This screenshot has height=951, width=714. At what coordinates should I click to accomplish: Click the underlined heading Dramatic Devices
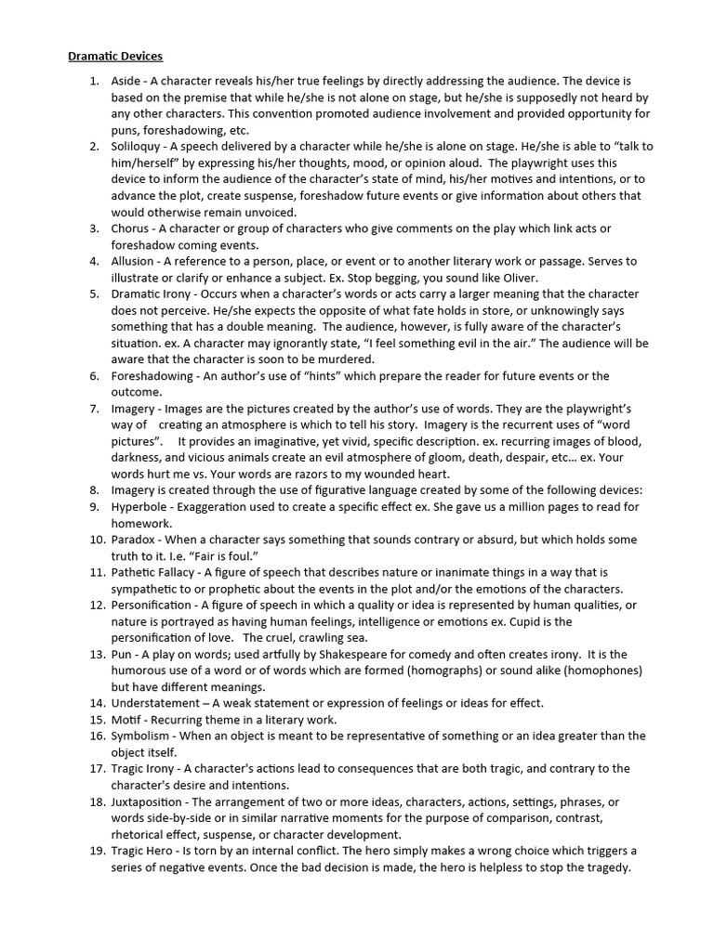tap(115, 57)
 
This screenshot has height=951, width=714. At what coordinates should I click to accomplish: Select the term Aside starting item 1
tap(126, 82)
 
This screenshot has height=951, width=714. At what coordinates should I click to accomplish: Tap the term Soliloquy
tap(138, 147)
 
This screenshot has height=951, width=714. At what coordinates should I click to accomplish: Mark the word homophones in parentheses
tap(594, 671)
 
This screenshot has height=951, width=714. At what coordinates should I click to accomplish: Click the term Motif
tap(128, 720)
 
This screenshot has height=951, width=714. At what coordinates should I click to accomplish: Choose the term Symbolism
tap(141, 736)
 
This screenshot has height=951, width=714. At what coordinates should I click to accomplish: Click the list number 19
tap(97, 851)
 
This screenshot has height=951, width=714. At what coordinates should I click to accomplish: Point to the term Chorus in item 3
tap(131, 228)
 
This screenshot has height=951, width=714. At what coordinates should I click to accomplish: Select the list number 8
tap(94, 489)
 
